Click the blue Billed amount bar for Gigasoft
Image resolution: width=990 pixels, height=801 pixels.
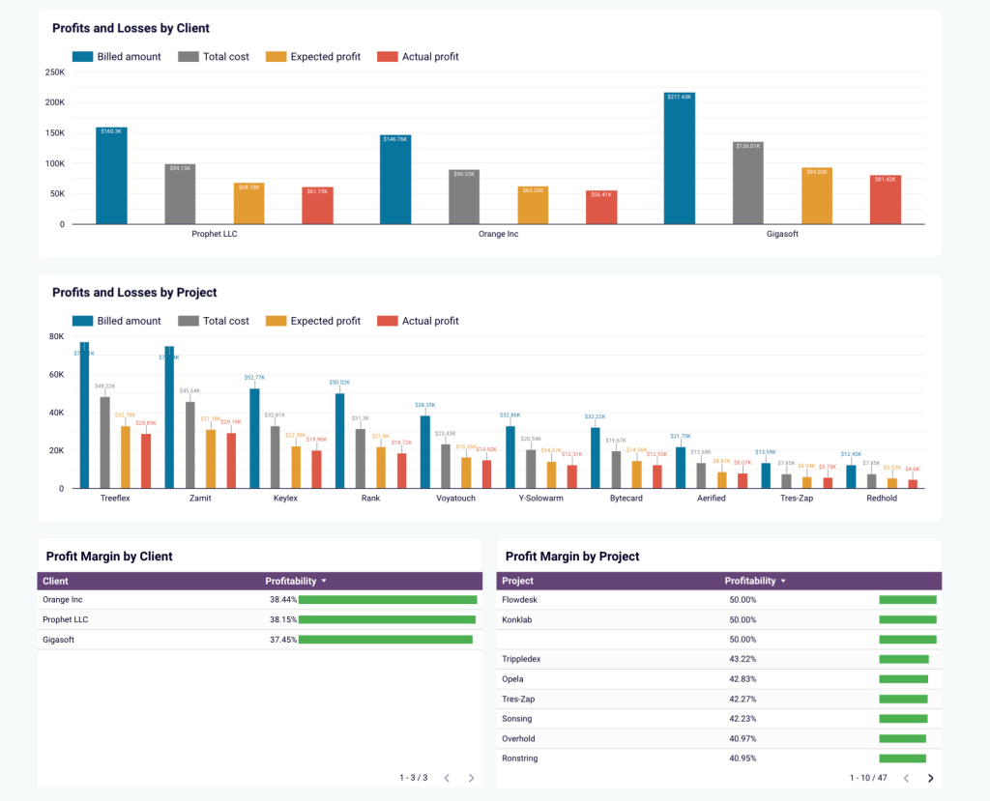(x=680, y=159)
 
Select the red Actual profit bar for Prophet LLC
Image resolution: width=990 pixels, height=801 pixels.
(x=317, y=206)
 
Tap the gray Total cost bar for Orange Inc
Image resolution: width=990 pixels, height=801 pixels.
(x=464, y=197)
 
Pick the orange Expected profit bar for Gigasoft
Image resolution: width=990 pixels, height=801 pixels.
(x=817, y=196)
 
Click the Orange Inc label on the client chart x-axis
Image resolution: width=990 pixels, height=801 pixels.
(x=498, y=234)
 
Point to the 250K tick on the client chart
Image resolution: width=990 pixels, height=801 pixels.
(x=55, y=72)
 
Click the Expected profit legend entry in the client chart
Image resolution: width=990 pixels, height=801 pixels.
(x=315, y=57)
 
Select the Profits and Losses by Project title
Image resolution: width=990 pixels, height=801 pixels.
(x=134, y=293)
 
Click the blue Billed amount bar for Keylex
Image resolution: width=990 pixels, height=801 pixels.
(x=254, y=439)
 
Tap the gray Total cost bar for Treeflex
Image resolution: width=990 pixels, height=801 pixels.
(x=105, y=443)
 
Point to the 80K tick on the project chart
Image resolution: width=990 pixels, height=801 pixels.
(x=57, y=336)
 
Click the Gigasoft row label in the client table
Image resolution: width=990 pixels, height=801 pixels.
(x=58, y=640)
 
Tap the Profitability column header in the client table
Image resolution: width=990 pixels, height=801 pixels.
(x=291, y=581)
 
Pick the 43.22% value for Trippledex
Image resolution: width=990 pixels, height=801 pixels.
(x=742, y=659)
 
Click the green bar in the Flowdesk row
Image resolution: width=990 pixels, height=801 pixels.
(x=907, y=599)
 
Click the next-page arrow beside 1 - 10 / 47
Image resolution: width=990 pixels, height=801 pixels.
(x=930, y=778)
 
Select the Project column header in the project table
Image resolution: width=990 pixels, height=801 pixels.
(x=518, y=581)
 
